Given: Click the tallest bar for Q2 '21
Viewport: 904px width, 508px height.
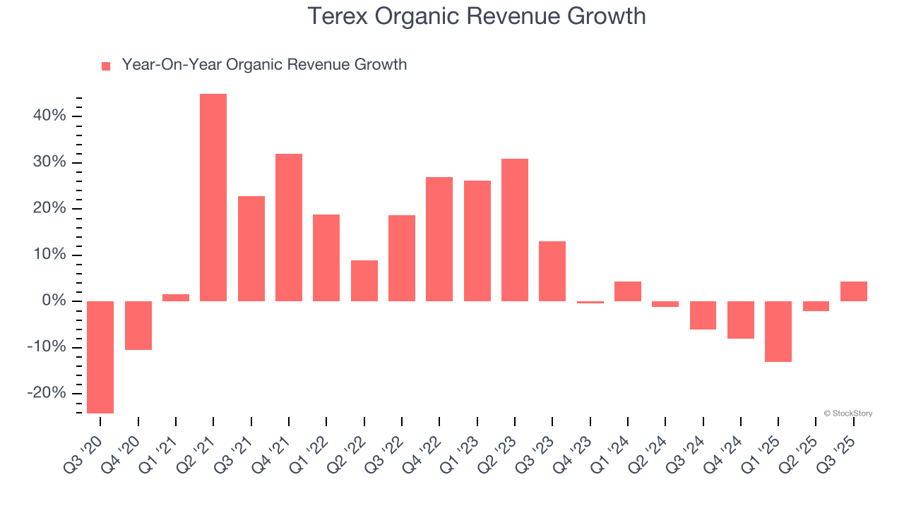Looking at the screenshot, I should coord(213,198).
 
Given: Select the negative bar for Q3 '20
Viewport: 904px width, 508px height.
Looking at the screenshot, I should coord(100,357).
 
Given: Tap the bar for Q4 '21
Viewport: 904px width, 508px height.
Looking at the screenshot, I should coord(289,227).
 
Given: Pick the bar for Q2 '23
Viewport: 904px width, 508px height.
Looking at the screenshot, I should coord(515,230).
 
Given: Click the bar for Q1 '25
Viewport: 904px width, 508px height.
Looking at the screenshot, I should coord(778,332).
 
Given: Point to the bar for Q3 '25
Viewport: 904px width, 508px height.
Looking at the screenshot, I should coord(854,291).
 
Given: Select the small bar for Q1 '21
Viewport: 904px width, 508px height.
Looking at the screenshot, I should coord(176,298).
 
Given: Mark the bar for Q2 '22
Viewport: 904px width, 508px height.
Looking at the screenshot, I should coord(364,281).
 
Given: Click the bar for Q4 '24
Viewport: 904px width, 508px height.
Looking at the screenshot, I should coord(741,320).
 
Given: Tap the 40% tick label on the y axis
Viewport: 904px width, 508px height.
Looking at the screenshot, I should coord(49,116).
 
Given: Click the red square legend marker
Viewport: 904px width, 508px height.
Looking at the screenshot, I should coord(106,66).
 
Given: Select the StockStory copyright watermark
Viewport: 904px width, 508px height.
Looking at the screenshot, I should coord(847,413).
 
